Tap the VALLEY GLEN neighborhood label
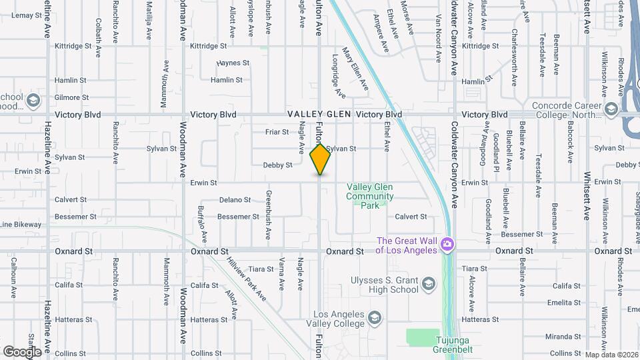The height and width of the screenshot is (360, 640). point(319,115)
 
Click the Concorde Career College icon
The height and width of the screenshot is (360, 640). point(611,109)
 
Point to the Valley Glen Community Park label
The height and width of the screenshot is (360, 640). point(369,197)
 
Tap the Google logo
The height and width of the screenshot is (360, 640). point(22,351)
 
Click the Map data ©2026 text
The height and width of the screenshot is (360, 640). point(611,355)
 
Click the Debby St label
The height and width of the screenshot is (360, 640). point(278,165)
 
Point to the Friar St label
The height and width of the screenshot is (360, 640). point(277,132)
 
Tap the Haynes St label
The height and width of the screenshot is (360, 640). point(233,63)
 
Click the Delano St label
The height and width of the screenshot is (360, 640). point(235,199)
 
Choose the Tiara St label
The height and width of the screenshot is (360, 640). point(261,269)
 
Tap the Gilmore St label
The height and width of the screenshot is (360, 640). point(71,97)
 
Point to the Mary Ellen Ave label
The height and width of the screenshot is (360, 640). point(355,69)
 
